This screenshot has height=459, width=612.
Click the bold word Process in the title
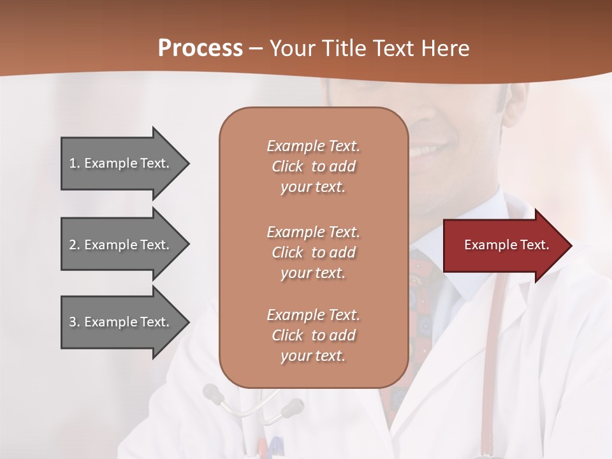[200, 48]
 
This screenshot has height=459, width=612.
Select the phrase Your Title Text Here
[370, 48]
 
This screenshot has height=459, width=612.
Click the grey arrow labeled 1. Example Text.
[121, 163]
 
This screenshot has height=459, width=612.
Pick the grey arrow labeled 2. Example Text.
[121, 245]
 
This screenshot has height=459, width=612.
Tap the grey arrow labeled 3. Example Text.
[121, 322]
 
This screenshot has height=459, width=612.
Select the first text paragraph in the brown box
[313, 166]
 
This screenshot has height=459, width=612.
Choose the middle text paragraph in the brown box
[313, 252]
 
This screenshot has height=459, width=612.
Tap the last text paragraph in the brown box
[313, 335]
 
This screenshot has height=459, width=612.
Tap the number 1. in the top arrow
[75, 163]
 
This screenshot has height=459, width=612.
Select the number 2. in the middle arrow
[75, 245]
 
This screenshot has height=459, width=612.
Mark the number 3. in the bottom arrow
[75, 322]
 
